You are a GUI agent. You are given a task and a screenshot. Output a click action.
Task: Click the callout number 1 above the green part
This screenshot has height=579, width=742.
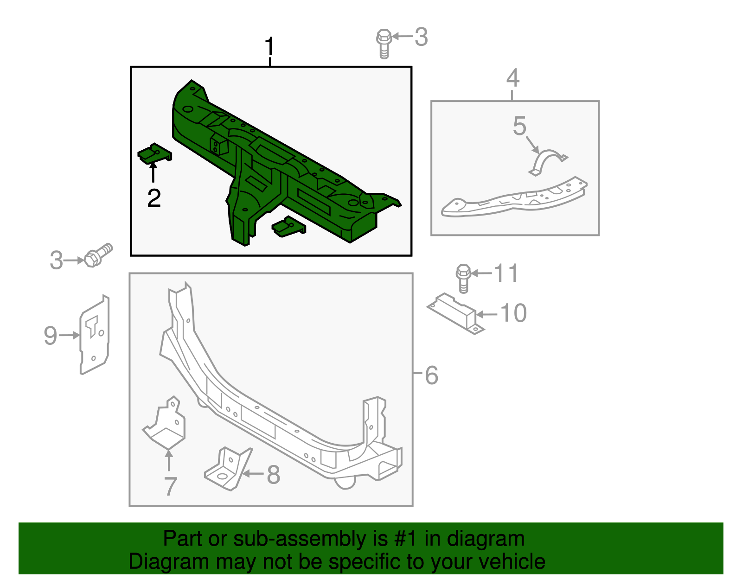pyautogui.click(x=269, y=48)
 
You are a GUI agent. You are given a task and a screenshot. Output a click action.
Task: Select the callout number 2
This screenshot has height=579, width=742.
pyautogui.click(x=154, y=198)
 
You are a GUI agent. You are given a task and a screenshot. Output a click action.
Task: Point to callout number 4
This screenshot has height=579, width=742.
pyautogui.click(x=512, y=78)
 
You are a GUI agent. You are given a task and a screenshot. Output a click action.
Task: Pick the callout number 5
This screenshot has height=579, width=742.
pyautogui.click(x=519, y=126)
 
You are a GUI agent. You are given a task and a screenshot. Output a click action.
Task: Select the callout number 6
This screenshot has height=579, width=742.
pyautogui.click(x=432, y=375)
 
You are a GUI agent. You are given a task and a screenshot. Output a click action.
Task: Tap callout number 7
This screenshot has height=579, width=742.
pyautogui.click(x=171, y=486)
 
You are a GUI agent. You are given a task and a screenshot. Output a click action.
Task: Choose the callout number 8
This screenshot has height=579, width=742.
pyautogui.click(x=274, y=475)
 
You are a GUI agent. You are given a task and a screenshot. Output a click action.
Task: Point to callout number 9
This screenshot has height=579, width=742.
pyautogui.click(x=50, y=335)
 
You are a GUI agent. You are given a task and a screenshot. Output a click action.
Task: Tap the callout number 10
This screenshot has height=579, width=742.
pyautogui.click(x=514, y=313)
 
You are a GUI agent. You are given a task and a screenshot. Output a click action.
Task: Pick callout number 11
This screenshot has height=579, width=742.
pyautogui.click(x=506, y=273)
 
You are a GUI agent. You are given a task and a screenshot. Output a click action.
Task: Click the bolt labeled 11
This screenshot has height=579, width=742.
pyautogui.click(x=463, y=278)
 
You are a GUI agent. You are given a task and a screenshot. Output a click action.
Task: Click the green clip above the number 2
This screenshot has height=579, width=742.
pyautogui.click(x=155, y=153)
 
